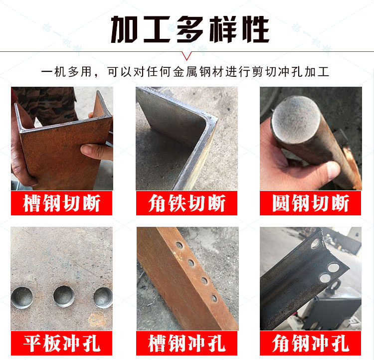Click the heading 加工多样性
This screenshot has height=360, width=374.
pos(190,29)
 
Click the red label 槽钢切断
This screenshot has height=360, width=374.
pos(61,203)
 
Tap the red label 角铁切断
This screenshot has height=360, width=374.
pos(187,203)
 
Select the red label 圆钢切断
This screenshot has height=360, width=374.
pos(310,203)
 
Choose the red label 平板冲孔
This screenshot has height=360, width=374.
pos(61,344)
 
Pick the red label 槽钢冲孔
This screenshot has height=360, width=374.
pos(187,344)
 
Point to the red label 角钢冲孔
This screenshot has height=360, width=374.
pos(310,344)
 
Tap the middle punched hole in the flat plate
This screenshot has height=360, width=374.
pos(64,296)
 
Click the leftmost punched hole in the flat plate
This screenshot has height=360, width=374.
pos(22,298)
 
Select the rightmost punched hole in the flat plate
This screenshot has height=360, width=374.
pos(103,298)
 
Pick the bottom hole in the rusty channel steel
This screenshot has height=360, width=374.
pos(214,298)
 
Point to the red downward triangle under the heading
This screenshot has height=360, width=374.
pos(187,56)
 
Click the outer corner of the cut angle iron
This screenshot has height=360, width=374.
pos(216,119)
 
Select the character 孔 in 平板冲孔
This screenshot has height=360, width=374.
pos(91,344)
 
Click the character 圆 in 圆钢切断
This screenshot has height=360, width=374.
pos(281,203)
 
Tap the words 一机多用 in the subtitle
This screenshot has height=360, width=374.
pos(66,72)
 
